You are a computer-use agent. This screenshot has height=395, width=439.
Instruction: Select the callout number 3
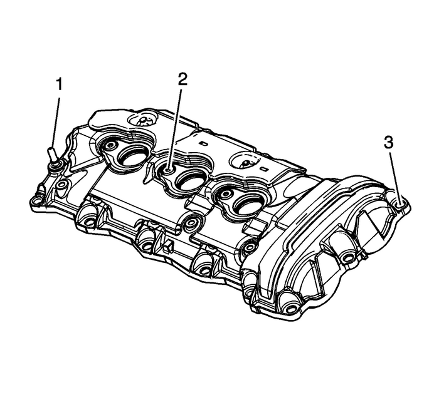click(389, 143)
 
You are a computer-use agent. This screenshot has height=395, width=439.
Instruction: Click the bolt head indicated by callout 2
click(170, 167)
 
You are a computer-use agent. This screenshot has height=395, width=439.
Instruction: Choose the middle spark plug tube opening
click(188, 182)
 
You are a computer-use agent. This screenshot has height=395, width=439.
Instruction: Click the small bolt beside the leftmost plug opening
click(109, 146)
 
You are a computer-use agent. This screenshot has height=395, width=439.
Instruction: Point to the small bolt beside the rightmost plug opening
click(220, 194)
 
